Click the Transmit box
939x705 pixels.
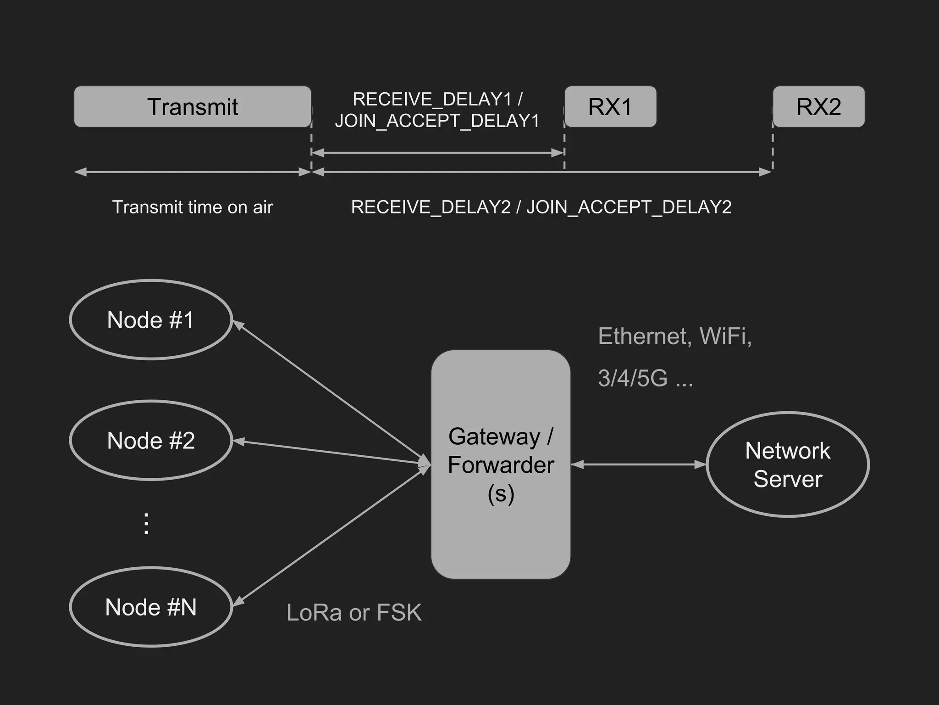point(193,106)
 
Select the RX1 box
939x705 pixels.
point(610,106)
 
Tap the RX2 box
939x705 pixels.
point(819,106)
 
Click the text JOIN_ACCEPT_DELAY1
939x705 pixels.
point(437,121)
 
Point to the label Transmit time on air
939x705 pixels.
point(193,207)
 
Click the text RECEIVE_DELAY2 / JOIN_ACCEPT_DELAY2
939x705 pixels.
point(541,207)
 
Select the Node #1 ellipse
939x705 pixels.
point(151,320)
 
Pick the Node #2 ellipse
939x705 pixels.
point(151,441)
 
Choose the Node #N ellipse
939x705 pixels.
point(151,607)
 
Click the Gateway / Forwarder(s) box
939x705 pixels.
point(501,464)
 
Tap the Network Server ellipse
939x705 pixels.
point(788,464)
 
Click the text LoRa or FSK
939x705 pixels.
point(354,612)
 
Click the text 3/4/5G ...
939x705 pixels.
point(633,378)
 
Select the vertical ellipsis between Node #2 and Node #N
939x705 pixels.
point(146,524)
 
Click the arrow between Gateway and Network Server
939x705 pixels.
point(639,464)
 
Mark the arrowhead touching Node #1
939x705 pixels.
point(238,325)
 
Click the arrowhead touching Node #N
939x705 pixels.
point(239,601)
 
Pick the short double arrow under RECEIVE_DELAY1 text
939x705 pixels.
point(437,152)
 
